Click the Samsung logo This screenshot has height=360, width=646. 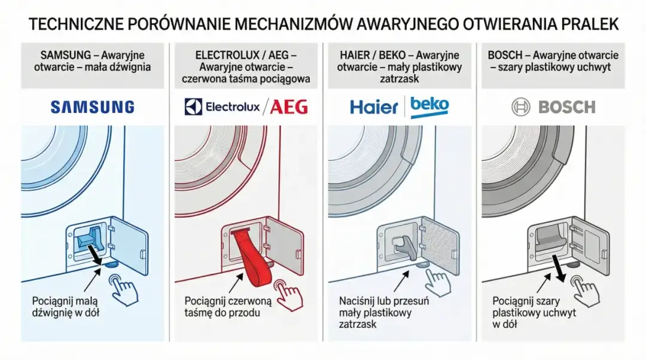point(92,107)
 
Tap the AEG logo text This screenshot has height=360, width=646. point(289,107)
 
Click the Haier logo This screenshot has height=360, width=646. point(374,108)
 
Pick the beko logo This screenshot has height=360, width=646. point(429,106)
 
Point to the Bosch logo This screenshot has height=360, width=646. point(553,108)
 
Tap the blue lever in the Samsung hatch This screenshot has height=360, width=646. point(90,239)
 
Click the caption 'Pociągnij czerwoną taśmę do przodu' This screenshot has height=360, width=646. point(228,306)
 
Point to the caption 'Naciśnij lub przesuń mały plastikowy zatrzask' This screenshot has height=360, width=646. point(383,312)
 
